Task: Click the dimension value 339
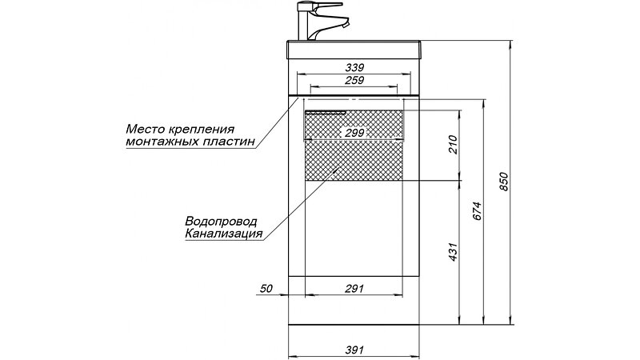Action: coord(354,67)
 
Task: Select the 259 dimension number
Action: coord(354,80)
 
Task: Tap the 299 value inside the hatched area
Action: coord(354,133)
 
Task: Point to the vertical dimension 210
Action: coord(453,146)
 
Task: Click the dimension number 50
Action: coord(267,287)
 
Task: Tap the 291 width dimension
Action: coord(354,287)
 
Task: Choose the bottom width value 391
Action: coord(354,350)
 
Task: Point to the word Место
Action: coord(146,128)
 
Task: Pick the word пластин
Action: coord(231,141)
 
